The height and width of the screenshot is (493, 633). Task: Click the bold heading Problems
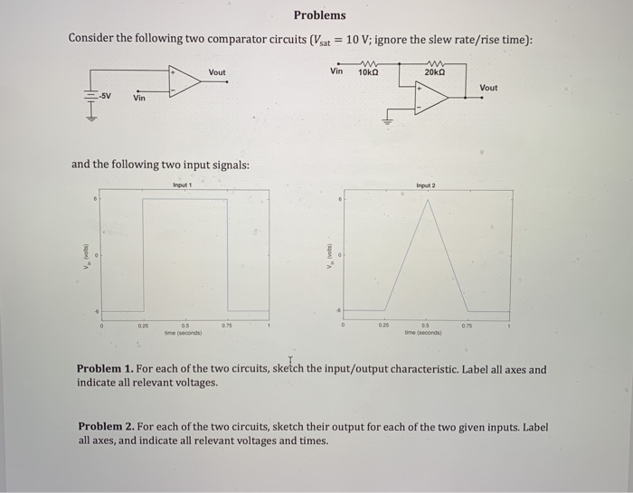click(x=319, y=15)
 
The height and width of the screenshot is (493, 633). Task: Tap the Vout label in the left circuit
click(x=217, y=72)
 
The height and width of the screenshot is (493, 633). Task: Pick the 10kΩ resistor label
click(x=368, y=71)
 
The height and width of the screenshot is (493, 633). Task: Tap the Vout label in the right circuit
click(x=488, y=88)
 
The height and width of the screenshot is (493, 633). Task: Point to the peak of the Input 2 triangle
click(x=427, y=201)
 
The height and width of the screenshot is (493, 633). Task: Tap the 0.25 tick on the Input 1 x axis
click(x=142, y=325)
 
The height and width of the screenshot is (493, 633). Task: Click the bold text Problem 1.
click(x=107, y=370)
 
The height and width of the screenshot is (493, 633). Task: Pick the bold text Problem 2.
click(x=108, y=427)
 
